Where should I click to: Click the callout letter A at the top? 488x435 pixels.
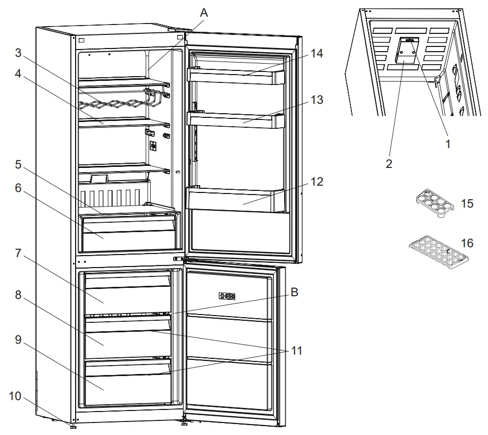(x=204, y=13)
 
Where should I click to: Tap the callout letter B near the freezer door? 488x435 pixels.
(x=294, y=293)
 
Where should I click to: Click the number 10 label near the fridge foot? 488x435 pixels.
(x=16, y=396)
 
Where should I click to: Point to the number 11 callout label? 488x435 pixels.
(x=296, y=351)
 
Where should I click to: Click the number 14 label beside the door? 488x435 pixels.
(x=317, y=53)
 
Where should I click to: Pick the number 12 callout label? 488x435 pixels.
(x=317, y=182)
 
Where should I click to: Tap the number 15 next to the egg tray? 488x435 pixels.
(x=467, y=203)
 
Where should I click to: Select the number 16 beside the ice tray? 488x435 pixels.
(x=467, y=244)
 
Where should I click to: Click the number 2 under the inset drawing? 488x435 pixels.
(x=388, y=164)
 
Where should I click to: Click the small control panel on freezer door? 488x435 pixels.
(x=227, y=296)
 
